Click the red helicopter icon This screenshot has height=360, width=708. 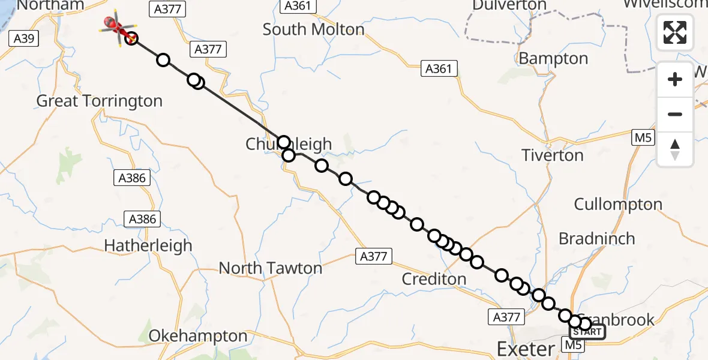[115, 25]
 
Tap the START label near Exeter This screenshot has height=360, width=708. [587, 332]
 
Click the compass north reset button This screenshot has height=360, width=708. [675, 149]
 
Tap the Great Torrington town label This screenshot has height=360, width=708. [100, 101]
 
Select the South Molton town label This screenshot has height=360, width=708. [313, 29]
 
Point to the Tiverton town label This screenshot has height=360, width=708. [553, 155]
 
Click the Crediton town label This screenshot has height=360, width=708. [434, 279]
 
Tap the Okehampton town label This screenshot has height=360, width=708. [197, 337]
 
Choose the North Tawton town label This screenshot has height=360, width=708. [270, 268]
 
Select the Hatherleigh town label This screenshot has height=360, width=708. [148, 245]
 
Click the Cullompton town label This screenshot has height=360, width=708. [618, 204]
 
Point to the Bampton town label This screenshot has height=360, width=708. [553, 59]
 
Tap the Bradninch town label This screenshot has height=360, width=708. [596, 239]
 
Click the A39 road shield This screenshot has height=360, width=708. [24, 40]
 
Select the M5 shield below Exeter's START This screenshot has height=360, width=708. [572, 345]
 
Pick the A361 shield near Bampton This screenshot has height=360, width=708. [438, 69]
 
